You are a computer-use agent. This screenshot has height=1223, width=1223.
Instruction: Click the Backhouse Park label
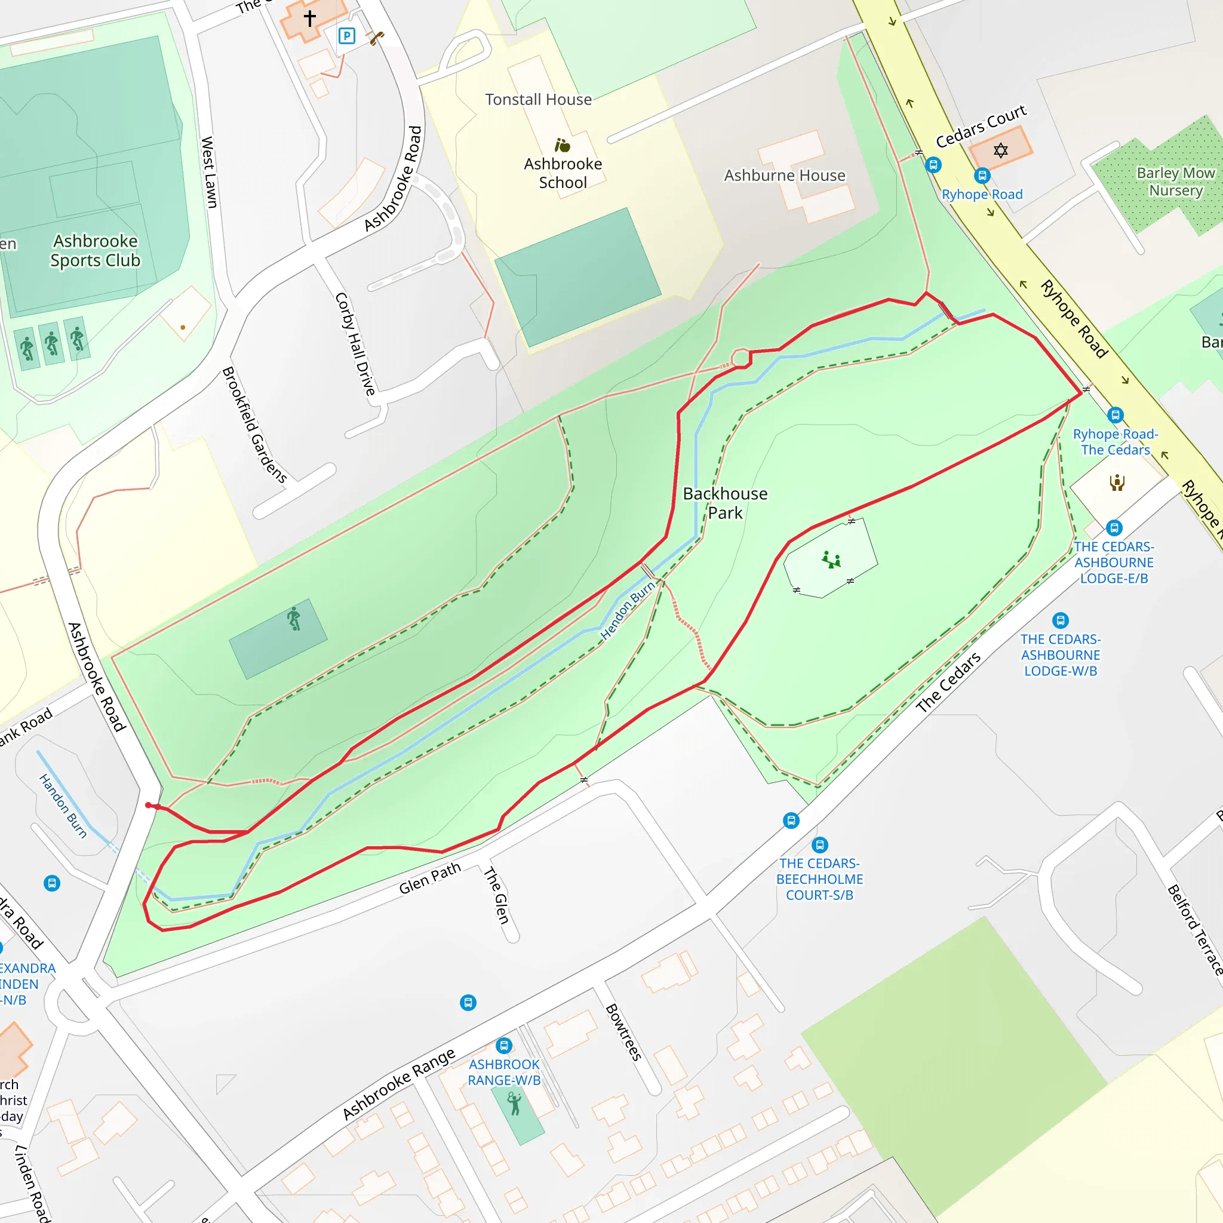[725, 503]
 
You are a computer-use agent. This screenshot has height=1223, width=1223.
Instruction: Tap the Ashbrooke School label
[563, 173]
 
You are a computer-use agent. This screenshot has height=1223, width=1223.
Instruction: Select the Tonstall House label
[538, 99]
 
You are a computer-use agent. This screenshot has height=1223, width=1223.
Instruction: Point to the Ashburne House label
[784, 176]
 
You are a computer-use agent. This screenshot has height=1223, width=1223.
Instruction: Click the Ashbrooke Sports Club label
[95, 251]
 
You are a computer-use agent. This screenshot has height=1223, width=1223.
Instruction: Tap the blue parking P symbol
[346, 36]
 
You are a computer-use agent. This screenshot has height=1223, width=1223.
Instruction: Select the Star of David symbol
[1000, 150]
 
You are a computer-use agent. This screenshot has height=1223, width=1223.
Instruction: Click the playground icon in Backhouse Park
[831, 560]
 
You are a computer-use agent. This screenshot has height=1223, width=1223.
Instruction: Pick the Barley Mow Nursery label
[1175, 182]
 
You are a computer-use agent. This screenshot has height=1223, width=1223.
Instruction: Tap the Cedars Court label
[981, 126]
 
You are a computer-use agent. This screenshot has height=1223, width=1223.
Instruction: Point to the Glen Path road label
[430, 878]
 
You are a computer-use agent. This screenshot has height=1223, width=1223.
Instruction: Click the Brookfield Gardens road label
[254, 425]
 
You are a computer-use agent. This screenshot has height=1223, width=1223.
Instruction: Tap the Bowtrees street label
[623, 1032]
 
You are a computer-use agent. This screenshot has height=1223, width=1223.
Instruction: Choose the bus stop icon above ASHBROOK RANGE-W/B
[504, 1045]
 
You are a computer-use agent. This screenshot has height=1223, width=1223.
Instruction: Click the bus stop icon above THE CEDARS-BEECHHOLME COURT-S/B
[820, 844]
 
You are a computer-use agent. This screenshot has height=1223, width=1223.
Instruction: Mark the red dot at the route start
[148, 805]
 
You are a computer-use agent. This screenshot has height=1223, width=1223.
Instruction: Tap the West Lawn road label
[209, 172]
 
